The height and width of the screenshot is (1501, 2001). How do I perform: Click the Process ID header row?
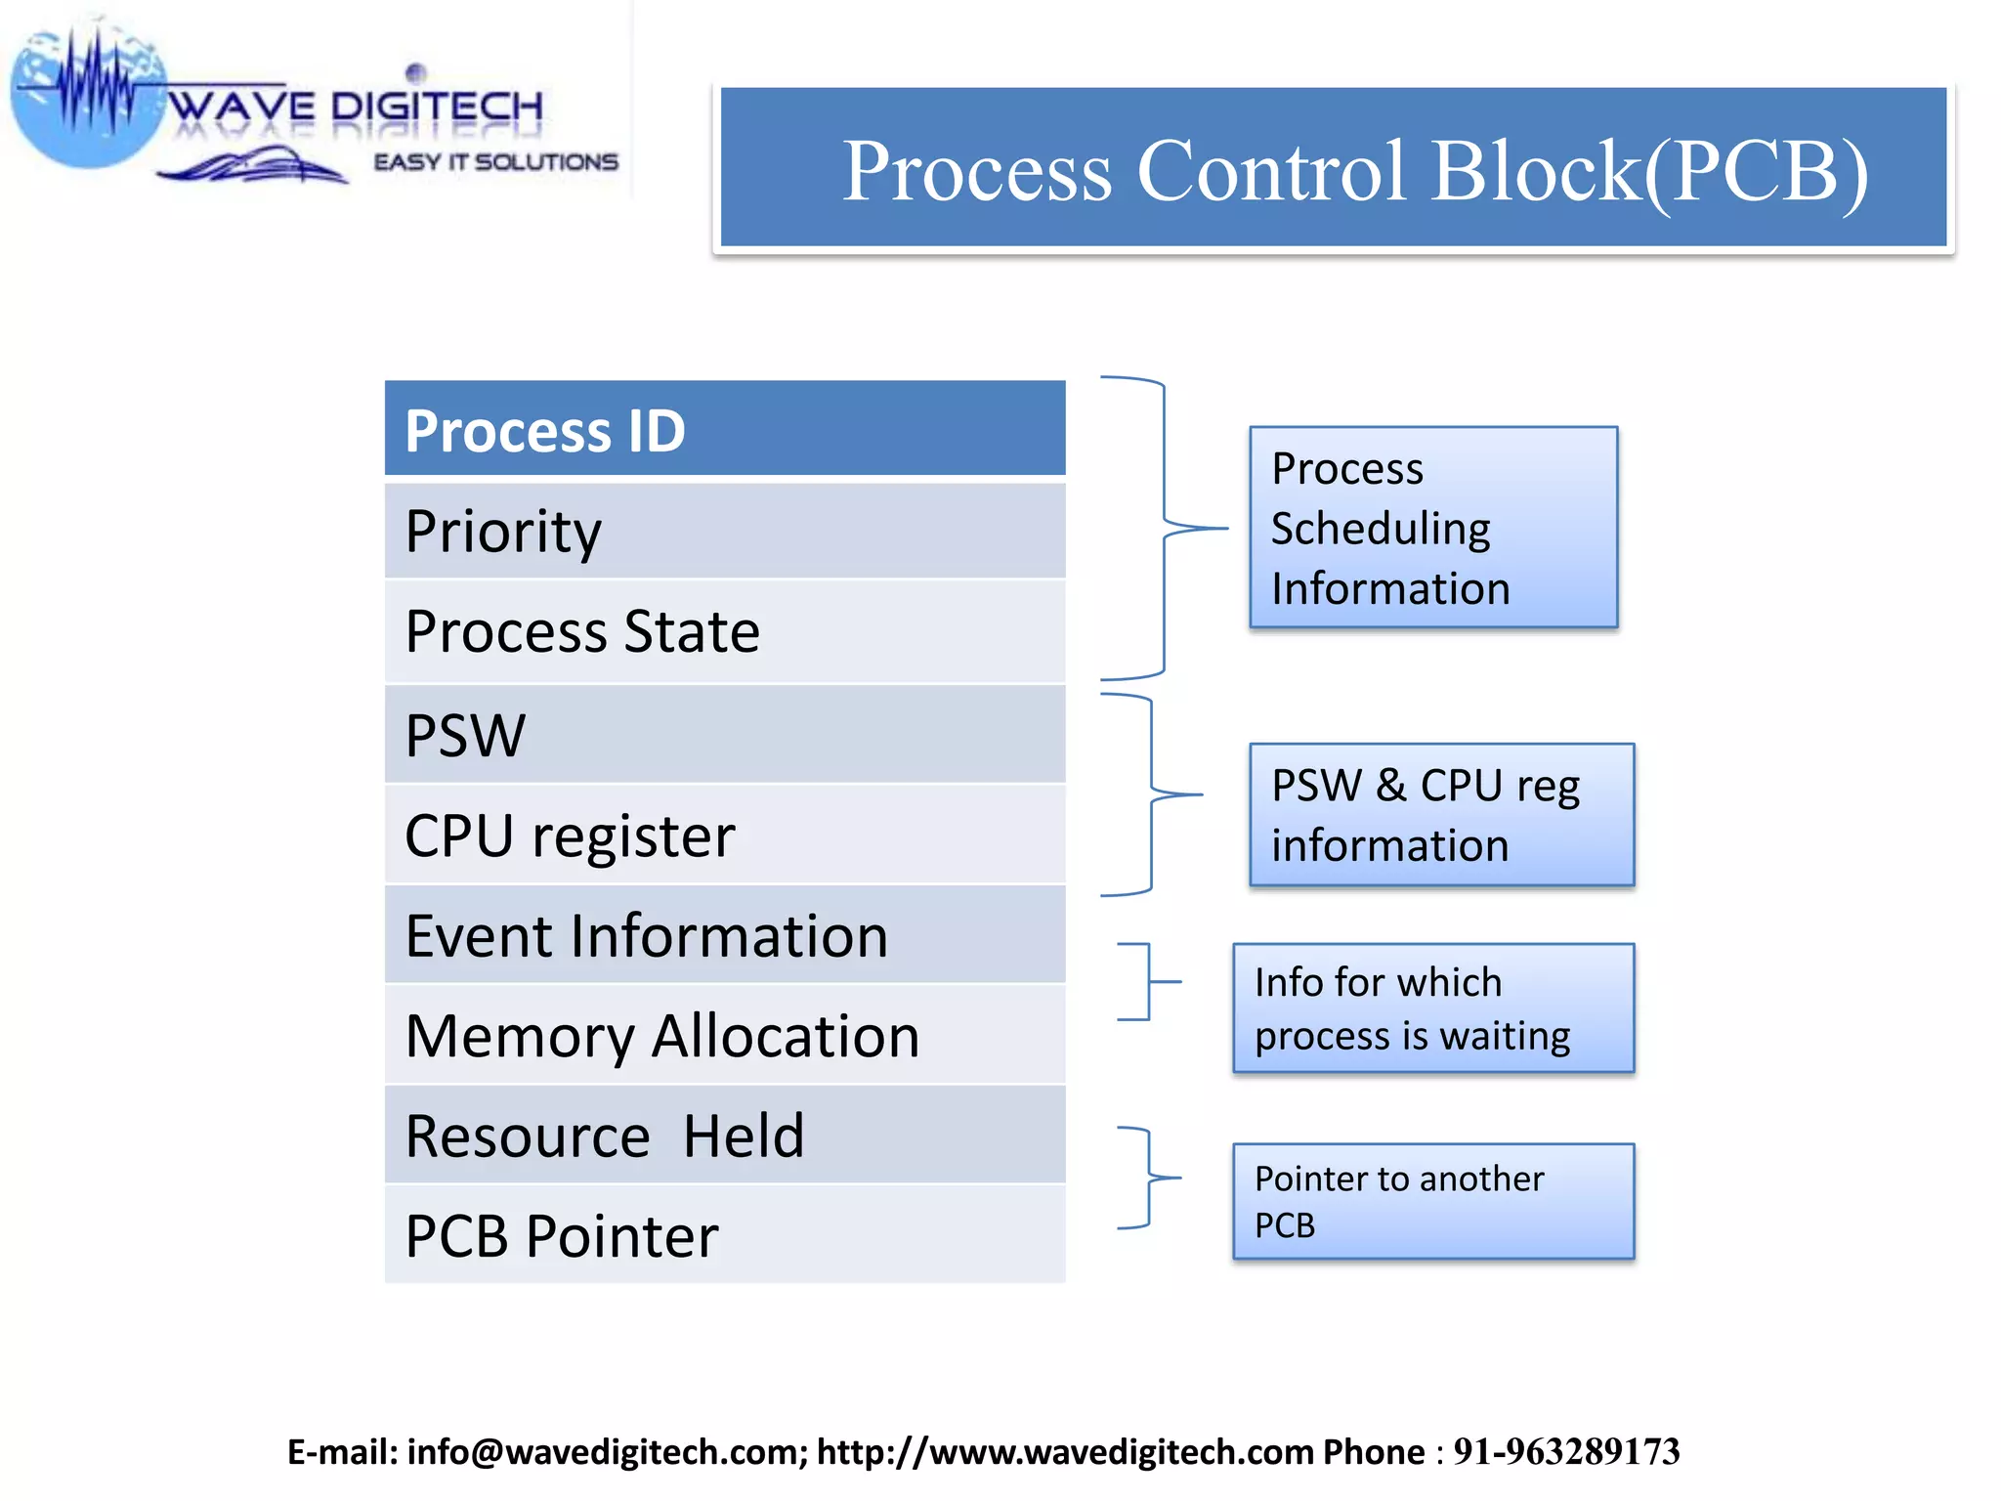[724, 429]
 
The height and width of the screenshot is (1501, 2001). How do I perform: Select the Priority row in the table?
[724, 531]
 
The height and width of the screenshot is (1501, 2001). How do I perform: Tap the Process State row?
[724, 631]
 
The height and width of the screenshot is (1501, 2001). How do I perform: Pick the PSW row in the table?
[724, 735]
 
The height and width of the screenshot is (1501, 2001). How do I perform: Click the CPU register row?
[724, 836]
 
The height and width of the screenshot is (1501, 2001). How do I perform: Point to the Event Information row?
[724, 935]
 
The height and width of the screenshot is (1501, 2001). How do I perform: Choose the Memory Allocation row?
[724, 1036]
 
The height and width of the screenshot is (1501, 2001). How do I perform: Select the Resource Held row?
[724, 1136]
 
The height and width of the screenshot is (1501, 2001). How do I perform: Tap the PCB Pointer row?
[724, 1235]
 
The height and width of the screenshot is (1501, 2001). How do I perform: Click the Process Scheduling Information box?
[1432, 528]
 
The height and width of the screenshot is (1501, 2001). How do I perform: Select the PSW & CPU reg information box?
[1441, 815]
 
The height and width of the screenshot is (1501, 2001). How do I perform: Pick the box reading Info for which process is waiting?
[1432, 1008]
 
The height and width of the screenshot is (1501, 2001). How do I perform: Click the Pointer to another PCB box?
[1432, 1201]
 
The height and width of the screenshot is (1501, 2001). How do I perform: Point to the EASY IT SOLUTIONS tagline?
[495, 162]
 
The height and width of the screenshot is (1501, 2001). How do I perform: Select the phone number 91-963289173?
[1565, 1452]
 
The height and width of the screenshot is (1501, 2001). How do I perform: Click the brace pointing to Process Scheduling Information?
[1164, 528]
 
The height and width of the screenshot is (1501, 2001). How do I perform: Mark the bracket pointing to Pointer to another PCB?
[1149, 1178]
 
